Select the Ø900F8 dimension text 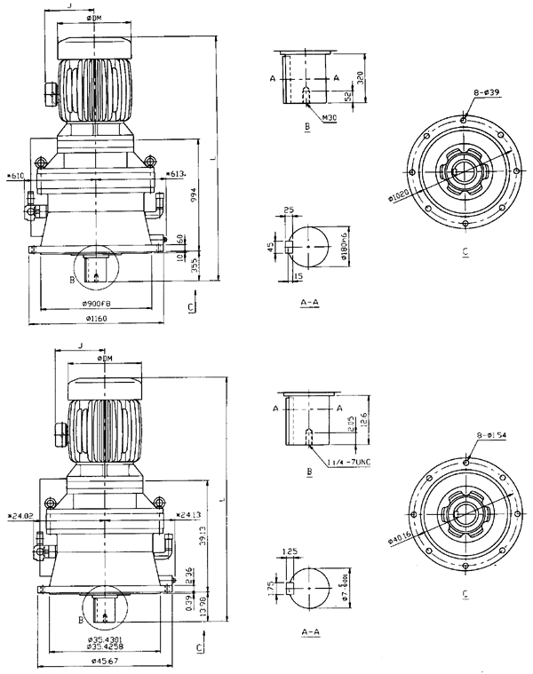pyautogui.click(x=97, y=306)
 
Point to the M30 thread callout pyautogui.click(x=330, y=115)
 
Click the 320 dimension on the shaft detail pyautogui.click(x=360, y=77)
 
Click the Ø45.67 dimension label pyautogui.click(x=104, y=658)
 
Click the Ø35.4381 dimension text pyautogui.click(x=104, y=639)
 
